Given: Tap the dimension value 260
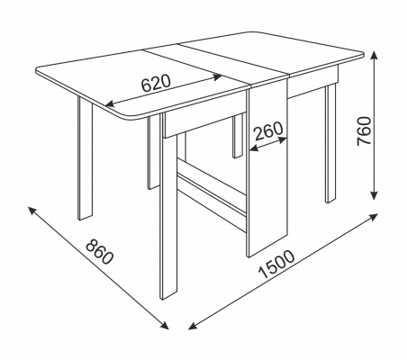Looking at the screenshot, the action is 268,130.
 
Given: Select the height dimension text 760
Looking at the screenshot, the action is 364,130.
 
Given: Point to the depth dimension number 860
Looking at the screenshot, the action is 100,251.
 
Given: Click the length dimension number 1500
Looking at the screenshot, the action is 276,264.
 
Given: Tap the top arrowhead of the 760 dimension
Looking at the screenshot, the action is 374,56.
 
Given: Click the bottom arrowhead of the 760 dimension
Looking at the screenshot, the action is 374,195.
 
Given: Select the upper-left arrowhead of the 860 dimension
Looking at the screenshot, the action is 32,211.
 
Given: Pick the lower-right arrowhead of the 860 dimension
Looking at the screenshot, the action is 164,326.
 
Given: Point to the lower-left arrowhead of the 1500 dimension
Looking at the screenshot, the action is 192,326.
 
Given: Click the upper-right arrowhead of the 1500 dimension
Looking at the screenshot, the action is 373,217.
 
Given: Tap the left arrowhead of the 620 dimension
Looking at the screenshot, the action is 110,103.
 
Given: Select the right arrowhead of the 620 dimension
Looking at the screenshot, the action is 217,76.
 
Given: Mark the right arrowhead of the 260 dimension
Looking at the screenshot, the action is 282,139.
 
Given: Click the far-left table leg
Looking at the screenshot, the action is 85,158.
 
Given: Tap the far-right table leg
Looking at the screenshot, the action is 330,143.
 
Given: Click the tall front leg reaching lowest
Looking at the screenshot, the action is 168,216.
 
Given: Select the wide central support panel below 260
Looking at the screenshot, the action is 267,168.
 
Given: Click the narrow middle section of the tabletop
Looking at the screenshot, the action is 214,64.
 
